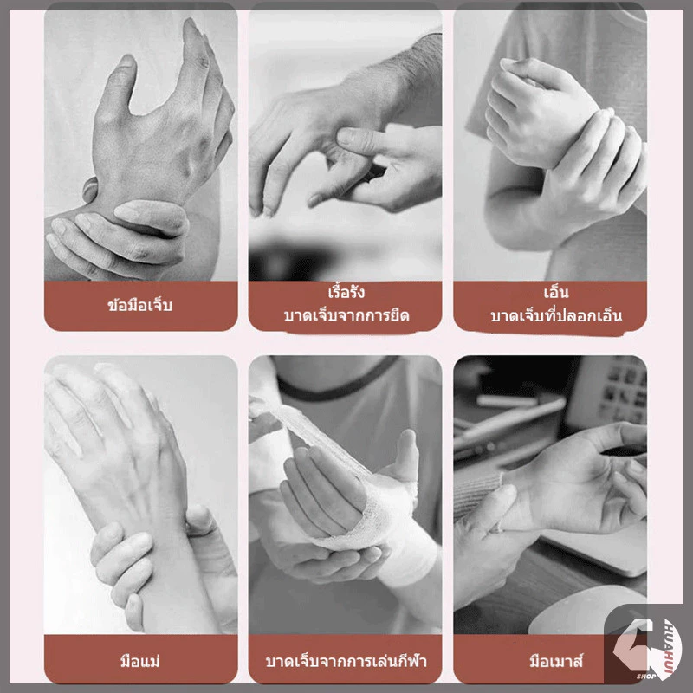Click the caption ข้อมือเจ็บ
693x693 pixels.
140,305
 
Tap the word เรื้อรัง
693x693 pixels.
346,292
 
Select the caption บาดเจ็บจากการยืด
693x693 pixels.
346,315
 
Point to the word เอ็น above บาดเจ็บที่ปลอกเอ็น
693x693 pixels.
556,292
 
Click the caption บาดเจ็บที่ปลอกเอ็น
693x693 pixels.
556,315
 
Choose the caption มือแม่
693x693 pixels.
140,661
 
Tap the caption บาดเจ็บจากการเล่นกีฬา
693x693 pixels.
346,661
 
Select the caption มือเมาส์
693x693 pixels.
556,661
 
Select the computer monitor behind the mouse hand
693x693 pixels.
608,393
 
